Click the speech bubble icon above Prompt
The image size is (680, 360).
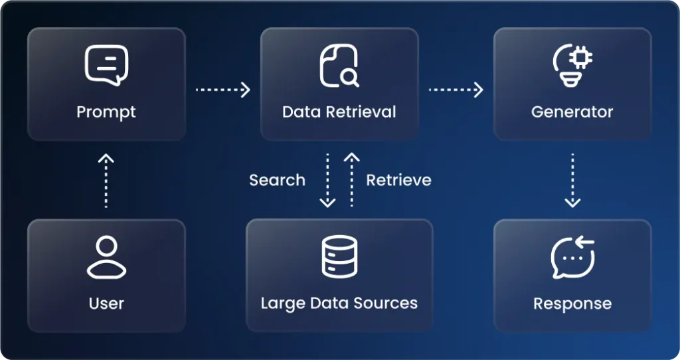pos(106,65)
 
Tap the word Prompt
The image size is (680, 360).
pos(106,112)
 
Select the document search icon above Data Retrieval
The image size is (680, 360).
pos(339,66)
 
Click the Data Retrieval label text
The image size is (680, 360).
pos(339,112)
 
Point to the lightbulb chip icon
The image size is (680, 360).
pos(572,65)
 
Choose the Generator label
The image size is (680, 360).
pos(572,112)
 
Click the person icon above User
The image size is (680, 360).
pos(107,257)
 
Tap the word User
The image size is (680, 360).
pos(106,304)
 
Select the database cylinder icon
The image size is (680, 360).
pos(339,256)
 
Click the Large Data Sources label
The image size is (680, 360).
pos(339,304)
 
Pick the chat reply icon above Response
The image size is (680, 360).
pos(573,257)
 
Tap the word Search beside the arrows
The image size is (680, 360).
pos(277,180)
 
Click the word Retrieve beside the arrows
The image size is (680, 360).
pos(399,180)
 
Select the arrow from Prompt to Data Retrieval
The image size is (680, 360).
pos(223,90)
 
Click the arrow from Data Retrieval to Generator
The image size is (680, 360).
pos(456,90)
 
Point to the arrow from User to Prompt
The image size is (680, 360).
pos(106,181)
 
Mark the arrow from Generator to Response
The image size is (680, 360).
pos(572,180)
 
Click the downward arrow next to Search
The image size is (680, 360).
pos(327,180)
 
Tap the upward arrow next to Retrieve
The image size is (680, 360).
pos(352,180)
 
